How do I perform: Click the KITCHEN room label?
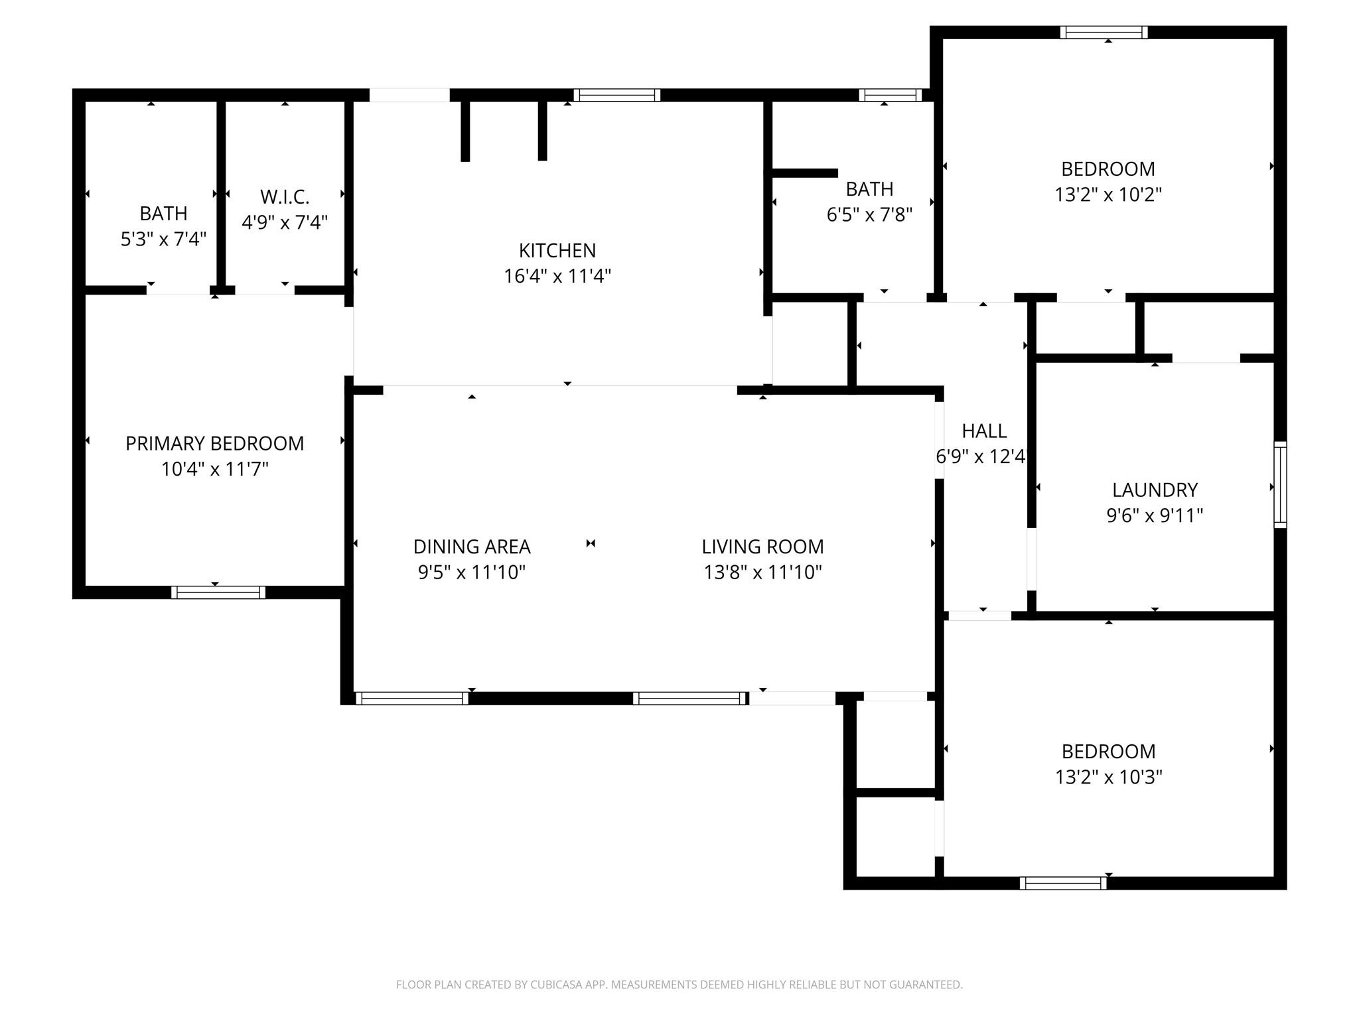click(557, 250)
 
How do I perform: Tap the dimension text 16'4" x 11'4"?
click(557, 276)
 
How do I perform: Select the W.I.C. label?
click(285, 197)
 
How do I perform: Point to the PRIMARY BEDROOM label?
click(214, 443)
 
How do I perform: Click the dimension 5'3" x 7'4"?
click(163, 239)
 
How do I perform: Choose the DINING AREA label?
click(472, 547)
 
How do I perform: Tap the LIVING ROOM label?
click(762, 547)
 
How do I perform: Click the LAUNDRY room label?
click(1155, 490)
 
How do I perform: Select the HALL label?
click(984, 431)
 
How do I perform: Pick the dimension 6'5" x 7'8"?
click(869, 214)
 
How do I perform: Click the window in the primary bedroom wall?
click(218, 592)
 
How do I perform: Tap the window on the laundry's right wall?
click(1280, 484)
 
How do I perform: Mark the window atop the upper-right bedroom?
click(1104, 32)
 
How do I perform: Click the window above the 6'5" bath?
click(890, 95)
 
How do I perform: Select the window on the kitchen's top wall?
click(616, 95)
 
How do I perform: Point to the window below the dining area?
click(412, 698)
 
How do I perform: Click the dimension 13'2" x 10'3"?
click(1108, 777)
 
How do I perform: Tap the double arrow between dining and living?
click(590, 543)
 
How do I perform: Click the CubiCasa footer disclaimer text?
click(679, 985)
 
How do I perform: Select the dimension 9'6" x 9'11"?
click(1155, 515)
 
